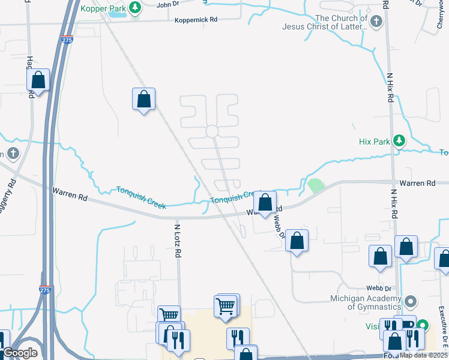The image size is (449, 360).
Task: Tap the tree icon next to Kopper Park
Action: (x=136, y=8)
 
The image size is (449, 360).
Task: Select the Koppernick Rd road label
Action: (x=196, y=20)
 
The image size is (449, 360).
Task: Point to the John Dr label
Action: (x=168, y=5)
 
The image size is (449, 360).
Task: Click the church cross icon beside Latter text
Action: (x=376, y=23)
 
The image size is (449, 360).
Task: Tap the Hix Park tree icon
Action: (x=399, y=142)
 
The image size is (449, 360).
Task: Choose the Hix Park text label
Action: (x=374, y=142)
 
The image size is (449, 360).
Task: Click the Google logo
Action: (x=20, y=353)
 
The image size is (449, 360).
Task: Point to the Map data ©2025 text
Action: (x=423, y=355)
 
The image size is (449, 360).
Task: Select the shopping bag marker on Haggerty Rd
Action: (x=38, y=80)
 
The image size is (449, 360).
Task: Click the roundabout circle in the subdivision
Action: (x=211, y=131)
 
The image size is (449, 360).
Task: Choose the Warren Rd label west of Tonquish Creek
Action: (x=70, y=193)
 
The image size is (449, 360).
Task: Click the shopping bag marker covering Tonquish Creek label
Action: (x=266, y=202)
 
